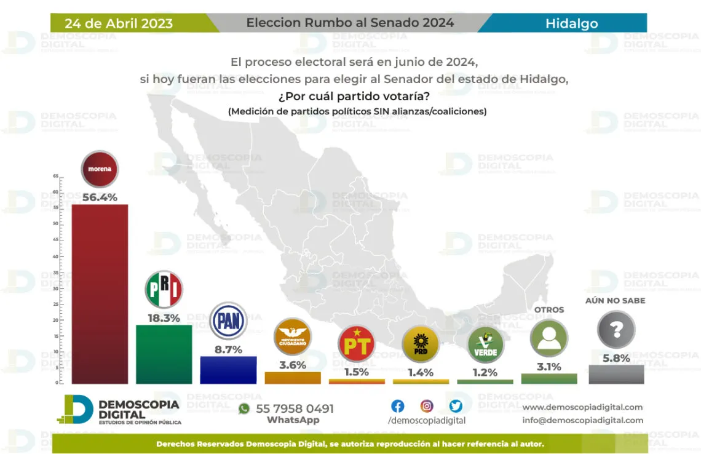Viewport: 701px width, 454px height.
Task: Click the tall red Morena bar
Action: [x=100, y=294]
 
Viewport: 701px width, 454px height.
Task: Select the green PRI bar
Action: [x=164, y=354]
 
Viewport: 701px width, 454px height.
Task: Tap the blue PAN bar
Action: [x=228, y=370]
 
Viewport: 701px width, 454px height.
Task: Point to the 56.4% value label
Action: [x=100, y=197]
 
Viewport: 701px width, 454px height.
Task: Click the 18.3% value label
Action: [x=164, y=318]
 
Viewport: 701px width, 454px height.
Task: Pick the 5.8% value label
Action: [x=616, y=358]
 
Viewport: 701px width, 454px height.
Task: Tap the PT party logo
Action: [x=357, y=344]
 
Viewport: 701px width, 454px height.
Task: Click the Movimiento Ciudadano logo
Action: [x=293, y=337]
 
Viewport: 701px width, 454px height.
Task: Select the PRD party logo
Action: [x=421, y=344]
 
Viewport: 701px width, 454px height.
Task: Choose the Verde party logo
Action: [x=485, y=345]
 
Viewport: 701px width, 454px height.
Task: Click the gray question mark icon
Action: [x=616, y=330]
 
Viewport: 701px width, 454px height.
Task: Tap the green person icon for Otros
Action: [x=549, y=338]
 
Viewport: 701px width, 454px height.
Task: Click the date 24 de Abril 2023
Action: [x=119, y=24]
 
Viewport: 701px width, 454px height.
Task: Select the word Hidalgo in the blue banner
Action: [x=571, y=24]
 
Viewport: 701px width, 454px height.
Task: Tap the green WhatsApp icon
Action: [x=244, y=408]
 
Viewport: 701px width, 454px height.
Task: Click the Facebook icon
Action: [x=398, y=406]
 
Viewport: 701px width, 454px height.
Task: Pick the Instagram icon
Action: [x=427, y=406]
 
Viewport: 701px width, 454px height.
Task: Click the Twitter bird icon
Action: [x=456, y=406]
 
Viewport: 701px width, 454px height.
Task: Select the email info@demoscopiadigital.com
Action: [x=582, y=420]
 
